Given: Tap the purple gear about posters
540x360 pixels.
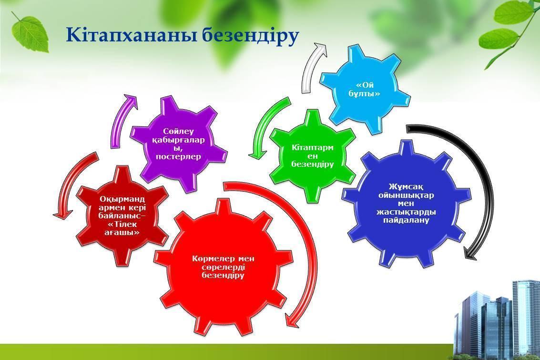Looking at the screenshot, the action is [x=178, y=144].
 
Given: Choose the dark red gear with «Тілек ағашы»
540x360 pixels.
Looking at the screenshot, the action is [x=122, y=216].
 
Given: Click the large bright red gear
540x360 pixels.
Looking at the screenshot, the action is [x=224, y=267].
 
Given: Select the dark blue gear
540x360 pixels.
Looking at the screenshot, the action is [x=406, y=204].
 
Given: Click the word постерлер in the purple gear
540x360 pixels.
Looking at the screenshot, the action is [x=178, y=157].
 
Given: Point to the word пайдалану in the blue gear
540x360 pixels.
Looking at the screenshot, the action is [x=407, y=220].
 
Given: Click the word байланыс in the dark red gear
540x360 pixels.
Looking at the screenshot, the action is [x=120, y=216].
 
